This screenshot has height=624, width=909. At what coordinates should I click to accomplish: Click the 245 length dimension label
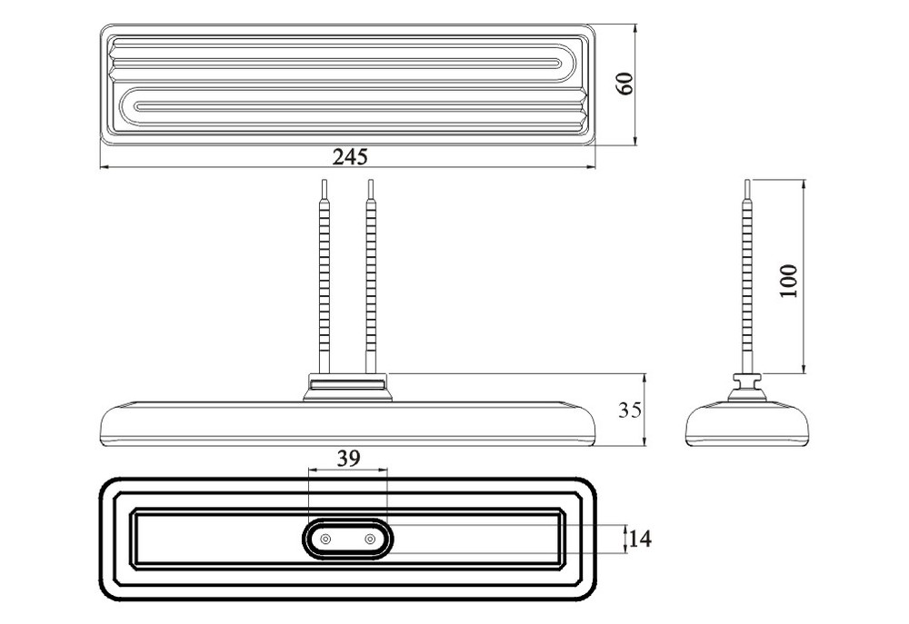350,156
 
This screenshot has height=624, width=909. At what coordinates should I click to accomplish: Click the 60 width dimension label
624,84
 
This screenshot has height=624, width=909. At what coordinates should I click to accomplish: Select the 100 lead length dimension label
788,281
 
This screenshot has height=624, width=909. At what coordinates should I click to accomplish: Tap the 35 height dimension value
630,411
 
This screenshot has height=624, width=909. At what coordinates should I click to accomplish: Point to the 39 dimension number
348,459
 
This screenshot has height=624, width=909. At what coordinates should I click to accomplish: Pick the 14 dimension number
640,540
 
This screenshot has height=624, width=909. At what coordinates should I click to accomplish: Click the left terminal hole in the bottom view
325,540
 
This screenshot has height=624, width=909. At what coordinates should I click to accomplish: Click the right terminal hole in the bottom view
370,540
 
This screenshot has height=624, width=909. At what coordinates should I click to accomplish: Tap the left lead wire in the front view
325,277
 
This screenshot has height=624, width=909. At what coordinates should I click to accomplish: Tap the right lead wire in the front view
371,277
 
